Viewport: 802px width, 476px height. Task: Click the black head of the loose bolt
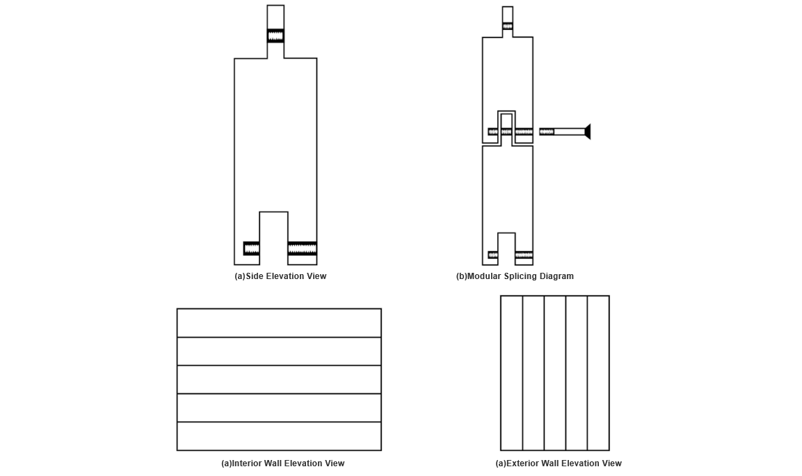(x=588, y=132)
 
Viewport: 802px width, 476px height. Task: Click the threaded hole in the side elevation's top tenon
(x=275, y=35)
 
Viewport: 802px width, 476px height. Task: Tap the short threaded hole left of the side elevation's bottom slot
(x=251, y=248)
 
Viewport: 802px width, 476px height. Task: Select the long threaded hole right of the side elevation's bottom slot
(x=303, y=248)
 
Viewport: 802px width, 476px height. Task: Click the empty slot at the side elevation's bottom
(x=273, y=238)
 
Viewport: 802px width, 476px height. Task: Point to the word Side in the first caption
(x=255, y=276)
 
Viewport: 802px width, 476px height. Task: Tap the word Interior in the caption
(x=246, y=463)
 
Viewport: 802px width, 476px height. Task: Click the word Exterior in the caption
(x=522, y=463)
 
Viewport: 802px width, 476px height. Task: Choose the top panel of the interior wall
(x=279, y=323)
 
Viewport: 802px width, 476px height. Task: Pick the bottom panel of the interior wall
(x=279, y=436)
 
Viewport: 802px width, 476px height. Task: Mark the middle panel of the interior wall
(x=279, y=379)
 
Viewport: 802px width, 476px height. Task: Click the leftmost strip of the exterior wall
(x=511, y=373)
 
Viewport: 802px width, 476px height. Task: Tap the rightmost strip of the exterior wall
(x=598, y=373)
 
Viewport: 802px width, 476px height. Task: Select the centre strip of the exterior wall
(x=555, y=373)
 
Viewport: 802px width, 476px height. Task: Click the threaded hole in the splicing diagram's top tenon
(x=507, y=26)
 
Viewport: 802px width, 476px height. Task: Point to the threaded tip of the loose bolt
(x=547, y=132)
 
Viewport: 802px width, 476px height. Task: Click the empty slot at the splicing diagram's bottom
(x=506, y=248)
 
